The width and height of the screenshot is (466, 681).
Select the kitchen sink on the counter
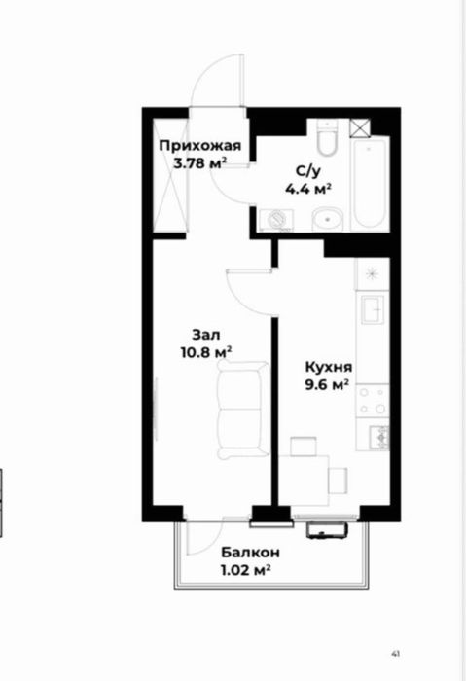tap(373, 310)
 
